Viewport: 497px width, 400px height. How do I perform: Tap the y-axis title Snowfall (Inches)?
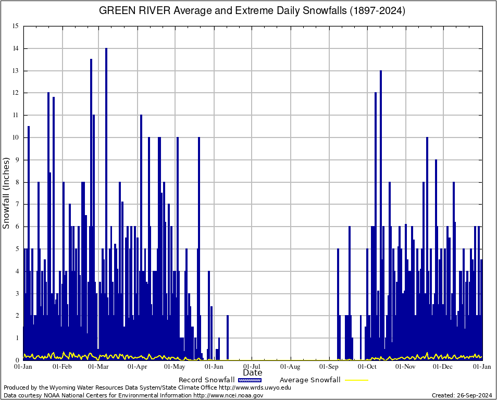pyautogui.click(x=6, y=193)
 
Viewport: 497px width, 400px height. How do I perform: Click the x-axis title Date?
pyautogui.click(x=253, y=372)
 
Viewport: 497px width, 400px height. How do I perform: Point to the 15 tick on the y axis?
pyautogui.click(x=16, y=26)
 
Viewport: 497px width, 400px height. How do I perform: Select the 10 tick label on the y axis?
pyautogui.click(x=16, y=137)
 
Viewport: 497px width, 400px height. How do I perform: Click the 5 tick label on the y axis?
pyautogui.click(x=17, y=249)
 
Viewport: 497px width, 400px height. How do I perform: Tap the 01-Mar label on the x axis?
pyautogui.click(x=98, y=367)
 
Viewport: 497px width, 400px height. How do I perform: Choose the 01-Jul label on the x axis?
pyautogui.click(x=252, y=367)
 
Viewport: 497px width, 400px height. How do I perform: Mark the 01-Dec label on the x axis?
pyautogui.click(x=443, y=367)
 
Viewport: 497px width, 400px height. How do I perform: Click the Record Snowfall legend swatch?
pyautogui.click(x=250, y=380)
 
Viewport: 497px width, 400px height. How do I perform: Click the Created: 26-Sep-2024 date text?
pyautogui.click(x=462, y=395)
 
